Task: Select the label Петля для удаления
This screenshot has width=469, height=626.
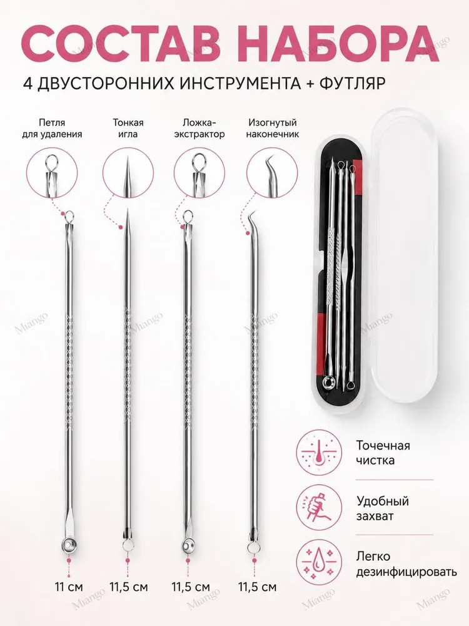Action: pos(52,128)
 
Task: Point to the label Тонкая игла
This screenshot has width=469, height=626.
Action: pos(128,128)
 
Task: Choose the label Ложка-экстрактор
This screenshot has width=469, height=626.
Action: pos(199,128)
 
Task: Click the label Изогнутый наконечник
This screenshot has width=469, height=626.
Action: pos(273,128)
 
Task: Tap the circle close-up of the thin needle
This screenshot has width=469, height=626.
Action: pos(128,173)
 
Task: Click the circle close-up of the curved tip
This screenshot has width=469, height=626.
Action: pos(272,173)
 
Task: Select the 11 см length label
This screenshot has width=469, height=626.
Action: pos(69,587)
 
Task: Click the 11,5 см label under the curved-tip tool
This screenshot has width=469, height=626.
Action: pos(257,587)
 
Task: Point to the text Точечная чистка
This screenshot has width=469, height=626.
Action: pos(383,453)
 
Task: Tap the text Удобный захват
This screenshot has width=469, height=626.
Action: pos(383,508)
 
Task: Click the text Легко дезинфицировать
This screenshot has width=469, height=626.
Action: pos(406,564)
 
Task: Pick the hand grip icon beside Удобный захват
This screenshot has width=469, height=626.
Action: pos(319,508)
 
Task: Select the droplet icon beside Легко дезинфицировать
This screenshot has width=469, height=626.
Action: pos(319,563)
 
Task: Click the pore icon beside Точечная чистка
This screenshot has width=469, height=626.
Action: pos(319,453)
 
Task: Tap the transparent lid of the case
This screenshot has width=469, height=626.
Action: pos(405,255)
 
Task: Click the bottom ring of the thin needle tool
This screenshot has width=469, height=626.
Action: pos(128,546)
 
